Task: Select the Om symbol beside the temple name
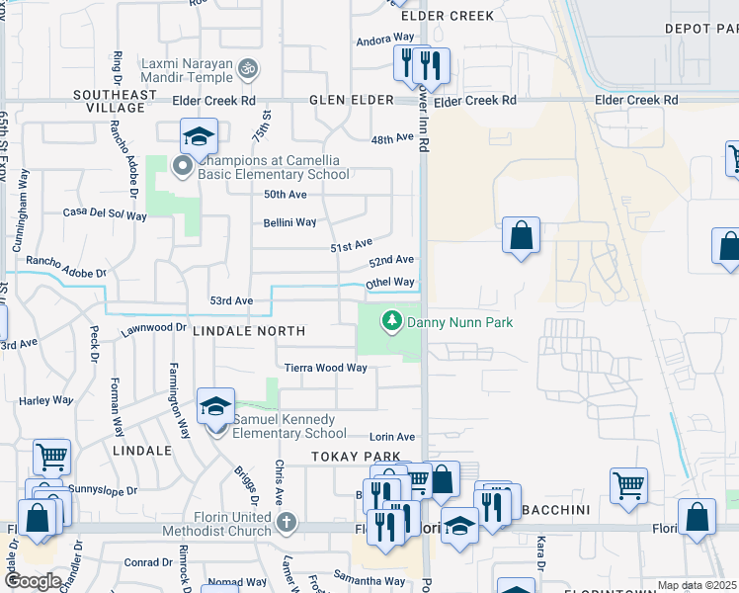[x=249, y=67]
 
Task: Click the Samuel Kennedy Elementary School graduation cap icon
[x=215, y=407]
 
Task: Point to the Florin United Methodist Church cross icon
[x=286, y=522]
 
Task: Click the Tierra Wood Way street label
[x=325, y=368]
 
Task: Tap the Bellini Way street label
[x=289, y=222]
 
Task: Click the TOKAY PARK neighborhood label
[x=356, y=457]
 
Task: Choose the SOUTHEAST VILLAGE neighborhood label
[x=115, y=102]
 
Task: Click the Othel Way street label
[x=390, y=283]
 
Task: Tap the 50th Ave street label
[x=285, y=195]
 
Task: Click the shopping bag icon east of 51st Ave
[x=521, y=237]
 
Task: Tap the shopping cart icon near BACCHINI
[x=628, y=485]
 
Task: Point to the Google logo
[x=34, y=580]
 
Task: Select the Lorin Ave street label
[x=392, y=437]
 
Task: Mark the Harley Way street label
[x=46, y=400]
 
